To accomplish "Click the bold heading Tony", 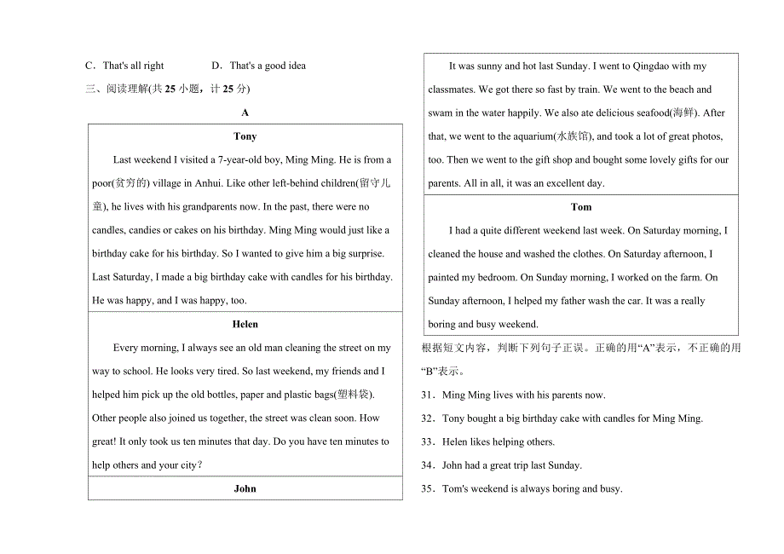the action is [245, 136].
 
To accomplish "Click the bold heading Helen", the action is [245, 325].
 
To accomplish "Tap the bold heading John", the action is [245, 489].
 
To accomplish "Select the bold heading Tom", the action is [581, 207].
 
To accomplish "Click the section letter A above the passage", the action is [245, 113].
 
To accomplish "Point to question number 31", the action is [428, 395].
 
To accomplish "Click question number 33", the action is [428, 442].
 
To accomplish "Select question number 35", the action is [428, 489].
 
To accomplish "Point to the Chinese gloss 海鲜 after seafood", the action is [683, 113].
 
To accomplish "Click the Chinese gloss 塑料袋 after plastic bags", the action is [356, 395].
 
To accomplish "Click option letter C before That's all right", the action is [89, 66].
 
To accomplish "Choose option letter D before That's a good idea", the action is [216, 66].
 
